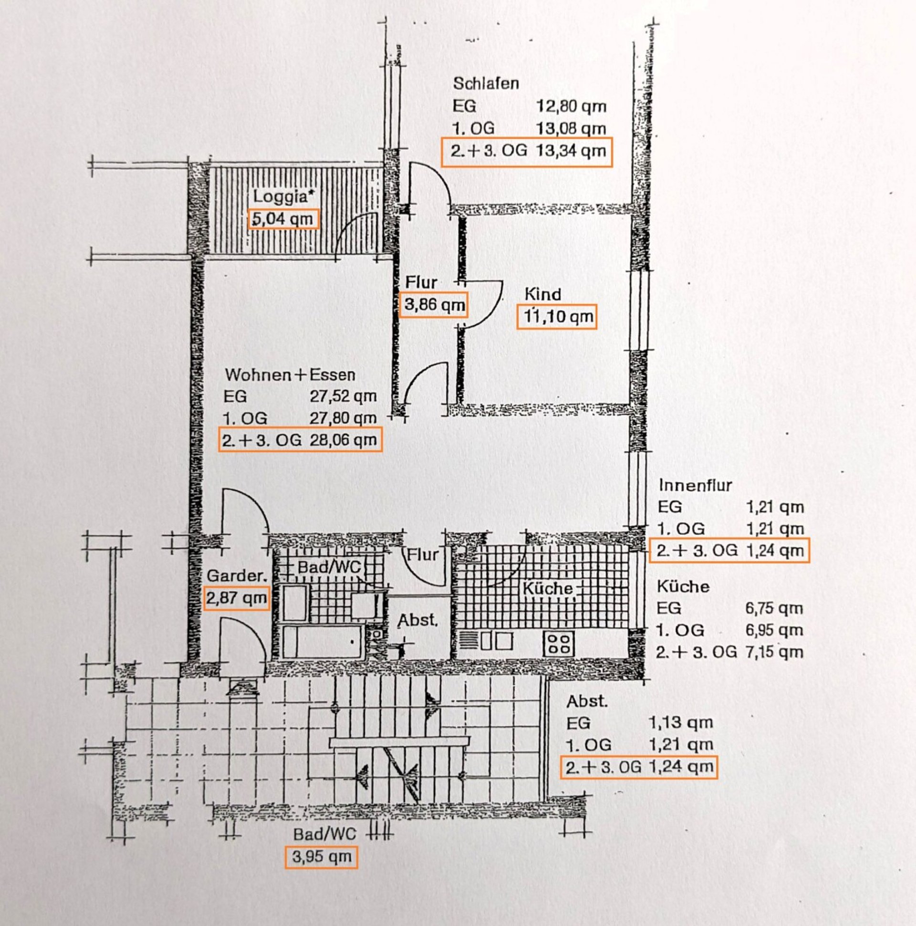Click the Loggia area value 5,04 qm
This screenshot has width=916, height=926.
[283, 219]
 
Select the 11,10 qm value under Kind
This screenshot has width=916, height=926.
[557, 317]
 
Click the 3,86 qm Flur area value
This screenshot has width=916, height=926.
[434, 304]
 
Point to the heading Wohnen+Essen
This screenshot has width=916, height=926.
[290, 375]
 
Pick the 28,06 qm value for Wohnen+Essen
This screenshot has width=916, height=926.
[343, 439]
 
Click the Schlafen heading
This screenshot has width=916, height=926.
[486, 83]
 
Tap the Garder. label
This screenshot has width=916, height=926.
[236, 576]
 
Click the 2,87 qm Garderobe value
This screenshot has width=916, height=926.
[236, 598]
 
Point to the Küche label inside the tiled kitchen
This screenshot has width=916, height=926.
[547, 588]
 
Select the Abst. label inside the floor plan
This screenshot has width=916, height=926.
[417, 620]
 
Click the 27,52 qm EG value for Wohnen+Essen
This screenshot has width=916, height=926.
[343, 396]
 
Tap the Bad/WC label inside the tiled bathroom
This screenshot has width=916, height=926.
[329, 567]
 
